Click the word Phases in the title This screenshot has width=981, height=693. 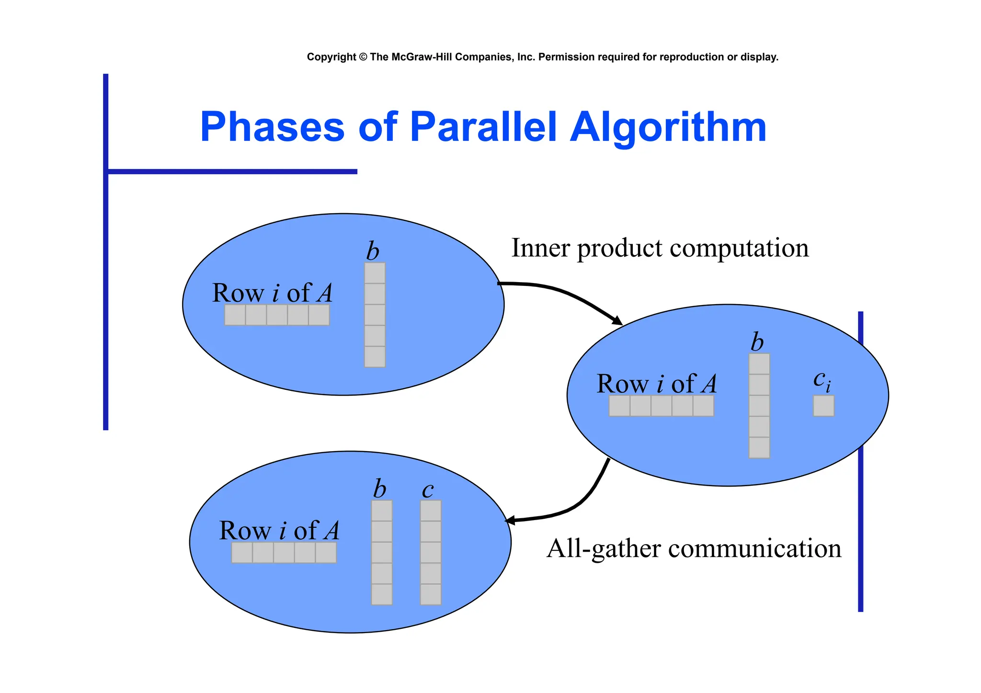coord(272,127)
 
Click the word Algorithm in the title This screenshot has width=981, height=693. coord(668,128)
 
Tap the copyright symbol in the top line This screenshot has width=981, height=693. coord(363,57)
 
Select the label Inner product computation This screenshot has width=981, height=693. coord(660,248)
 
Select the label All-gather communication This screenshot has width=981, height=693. coord(693,548)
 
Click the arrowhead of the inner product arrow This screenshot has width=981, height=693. coord(617,321)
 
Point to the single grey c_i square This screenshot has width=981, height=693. coord(823,406)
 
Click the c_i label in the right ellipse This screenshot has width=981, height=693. coord(821,381)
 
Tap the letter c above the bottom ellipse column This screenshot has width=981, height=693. coord(427,489)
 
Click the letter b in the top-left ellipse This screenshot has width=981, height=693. coord(372,251)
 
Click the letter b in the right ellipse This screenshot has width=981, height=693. coord(757,342)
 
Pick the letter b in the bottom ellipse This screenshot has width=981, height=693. coord(379,489)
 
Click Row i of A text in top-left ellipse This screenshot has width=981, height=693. coord(272,293)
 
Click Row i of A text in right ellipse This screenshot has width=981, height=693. coord(656,384)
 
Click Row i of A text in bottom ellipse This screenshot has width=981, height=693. coord(279,531)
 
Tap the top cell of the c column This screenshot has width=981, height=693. coord(430,511)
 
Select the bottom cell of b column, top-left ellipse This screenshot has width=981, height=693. coord(375,357)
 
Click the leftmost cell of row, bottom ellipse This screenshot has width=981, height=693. coord(242,553)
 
